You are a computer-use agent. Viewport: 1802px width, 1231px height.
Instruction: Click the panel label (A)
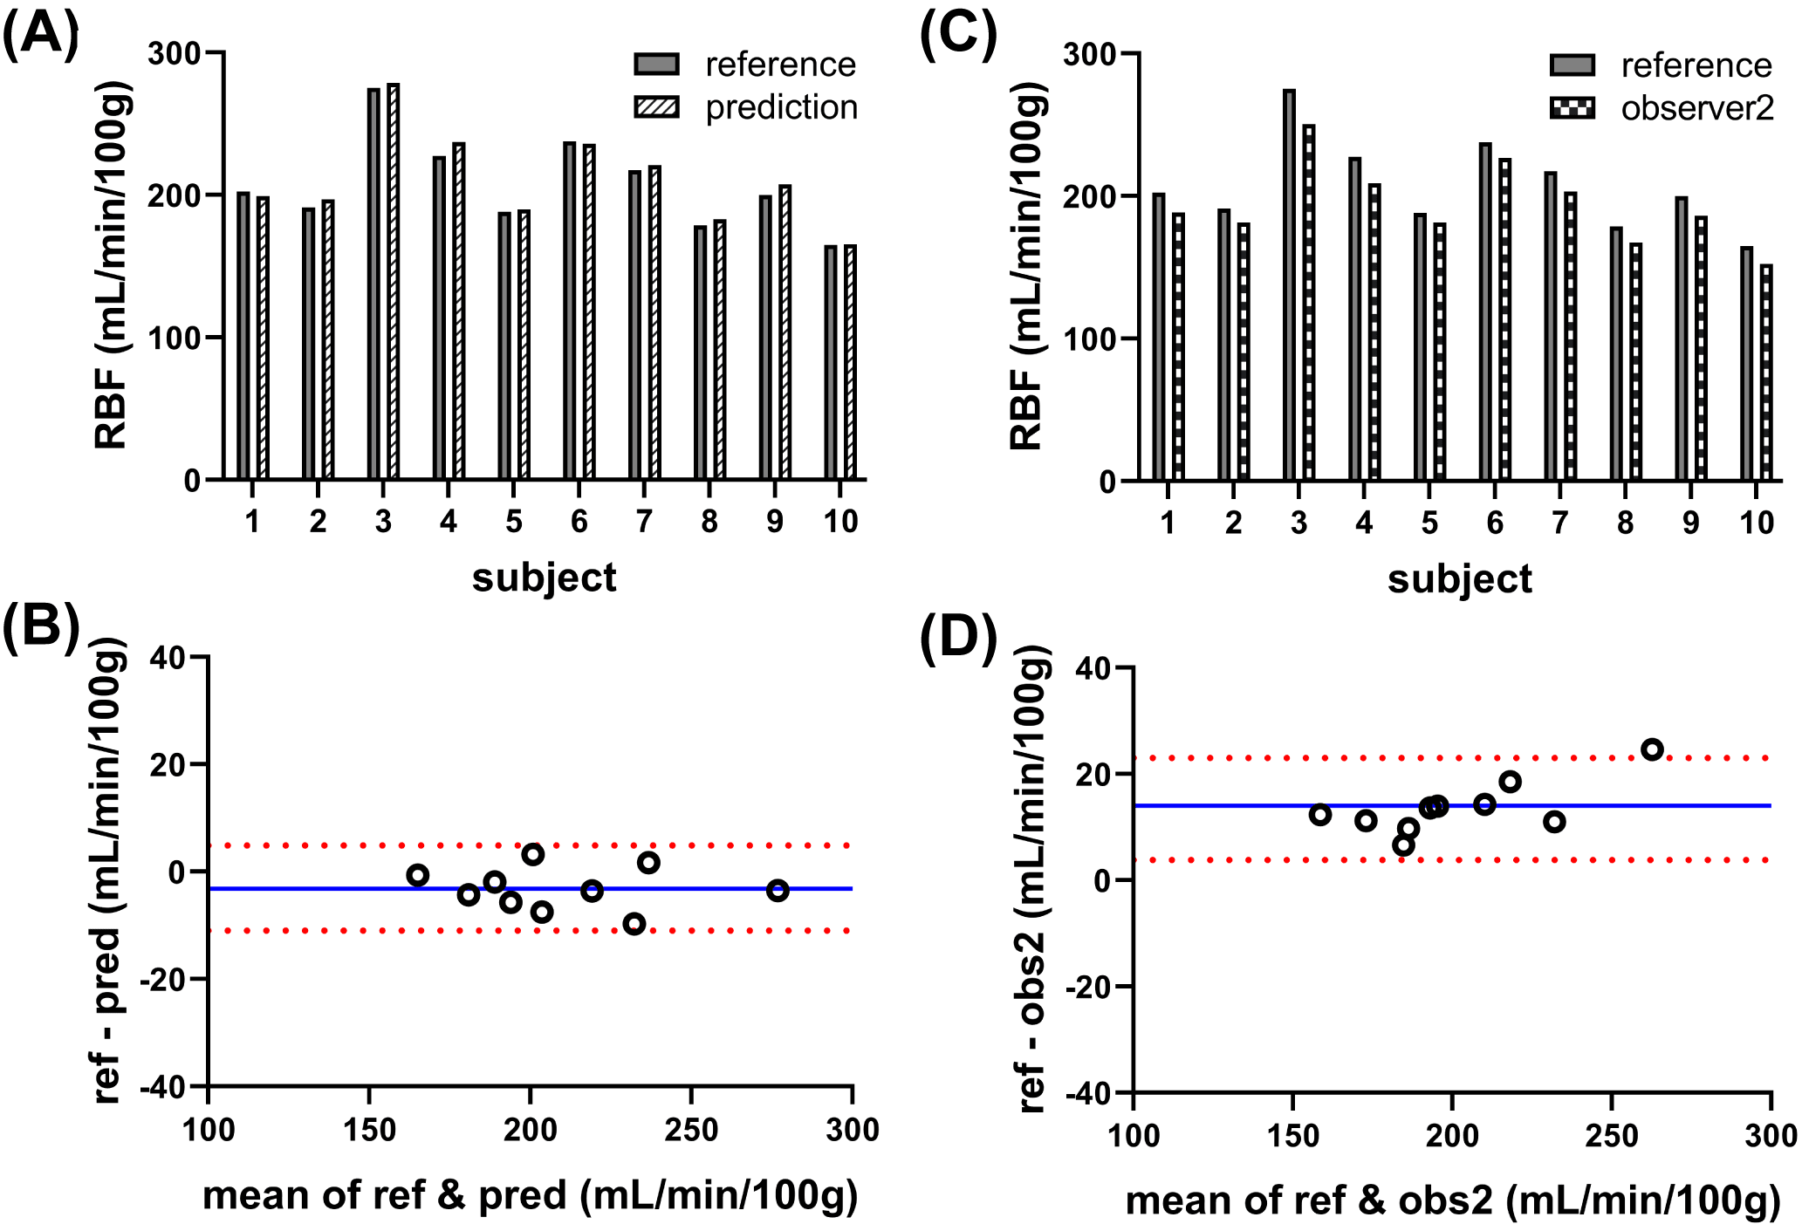coord(40,37)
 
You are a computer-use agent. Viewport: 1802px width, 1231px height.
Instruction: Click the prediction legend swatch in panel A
coord(656,107)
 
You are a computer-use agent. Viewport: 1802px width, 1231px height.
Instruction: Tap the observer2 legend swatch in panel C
coord(1572,108)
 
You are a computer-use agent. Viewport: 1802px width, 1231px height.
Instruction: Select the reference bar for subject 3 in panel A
coord(373,284)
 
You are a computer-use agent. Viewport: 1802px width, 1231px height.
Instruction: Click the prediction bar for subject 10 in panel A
coord(851,362)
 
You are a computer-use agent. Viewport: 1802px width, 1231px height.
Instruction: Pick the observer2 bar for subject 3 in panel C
coord(1309,302)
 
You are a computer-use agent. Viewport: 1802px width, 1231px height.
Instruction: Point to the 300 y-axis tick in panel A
coord(175,54)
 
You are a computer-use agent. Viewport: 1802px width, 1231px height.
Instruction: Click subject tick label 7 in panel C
coord(1560,523)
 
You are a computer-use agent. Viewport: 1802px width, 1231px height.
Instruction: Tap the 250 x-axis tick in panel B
coord(691,1131)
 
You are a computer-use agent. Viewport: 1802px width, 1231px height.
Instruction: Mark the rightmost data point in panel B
coord(778,891)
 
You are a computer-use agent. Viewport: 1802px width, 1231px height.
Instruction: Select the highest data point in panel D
coord(1652,749)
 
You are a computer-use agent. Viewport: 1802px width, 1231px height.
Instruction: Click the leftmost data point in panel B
coord(418,875)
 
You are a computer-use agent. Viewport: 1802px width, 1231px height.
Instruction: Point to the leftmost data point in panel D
coord(1320,815)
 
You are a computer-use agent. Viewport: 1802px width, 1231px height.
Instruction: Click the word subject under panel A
coord(545,578)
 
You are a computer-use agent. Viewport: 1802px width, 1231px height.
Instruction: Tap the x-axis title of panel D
coord(1453,1200)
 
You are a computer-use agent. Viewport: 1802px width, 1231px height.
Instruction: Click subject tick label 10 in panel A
coord(840,522)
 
